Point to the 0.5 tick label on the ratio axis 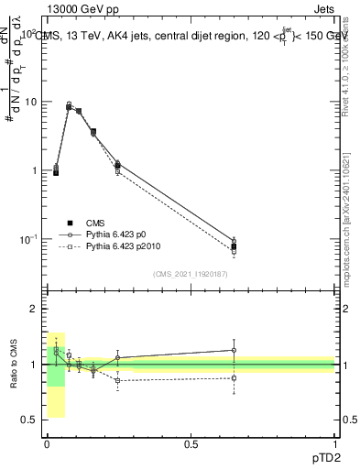[29, 420]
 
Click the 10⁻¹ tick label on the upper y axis [29, 239]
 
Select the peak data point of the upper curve [69, 106]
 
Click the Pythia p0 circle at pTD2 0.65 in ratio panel [234, 350]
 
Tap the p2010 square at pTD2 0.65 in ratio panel [234, 377]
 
